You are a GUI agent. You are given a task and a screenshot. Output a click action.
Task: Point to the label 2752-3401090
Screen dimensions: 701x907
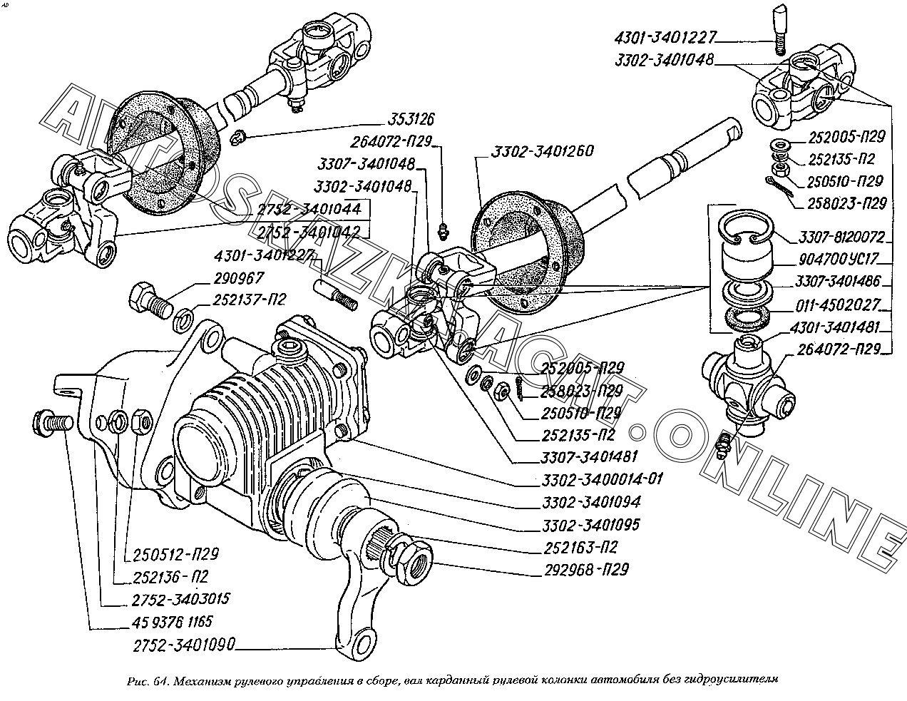point(184,647)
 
